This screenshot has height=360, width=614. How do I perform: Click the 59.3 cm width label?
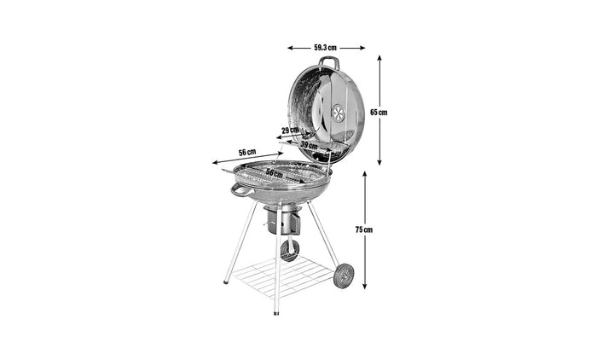click(325, 48)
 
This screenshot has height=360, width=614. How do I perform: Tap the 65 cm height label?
click(382, 112)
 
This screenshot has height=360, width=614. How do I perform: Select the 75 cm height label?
click(365, 229)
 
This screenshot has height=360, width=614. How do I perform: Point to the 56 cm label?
click(247, 152)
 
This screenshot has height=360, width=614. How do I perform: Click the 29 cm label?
click(290, 131)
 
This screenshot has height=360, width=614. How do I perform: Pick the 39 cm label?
click(308, 146)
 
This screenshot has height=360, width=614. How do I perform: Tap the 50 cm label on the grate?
click(274, 173)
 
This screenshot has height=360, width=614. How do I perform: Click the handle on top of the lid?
click(329, 62)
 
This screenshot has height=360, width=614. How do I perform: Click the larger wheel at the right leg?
click(344, 275)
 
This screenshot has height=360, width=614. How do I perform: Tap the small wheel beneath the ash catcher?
click(290, 250)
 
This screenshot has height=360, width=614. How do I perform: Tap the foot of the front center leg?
click(275, 312)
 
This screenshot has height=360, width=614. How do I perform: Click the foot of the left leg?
click(226, 282)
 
